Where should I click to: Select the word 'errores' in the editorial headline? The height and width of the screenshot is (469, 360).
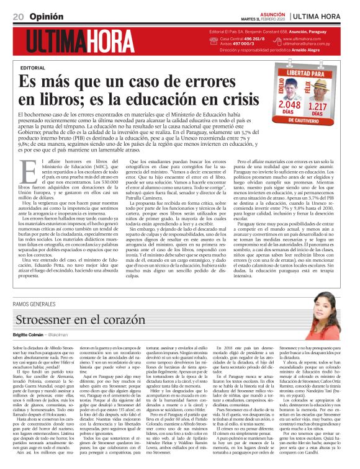tap(210, 81)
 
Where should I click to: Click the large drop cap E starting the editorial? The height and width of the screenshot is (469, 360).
tap(27, 169)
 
